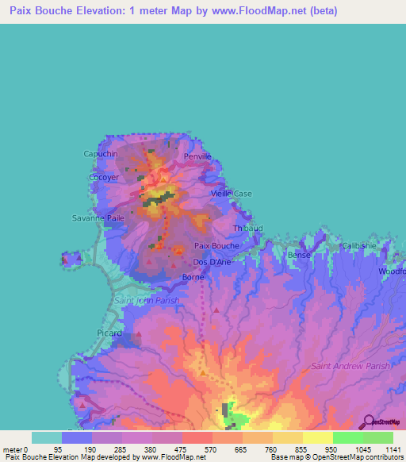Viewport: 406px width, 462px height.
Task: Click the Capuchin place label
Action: click(101, 153)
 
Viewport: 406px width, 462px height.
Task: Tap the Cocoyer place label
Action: click(103, 179)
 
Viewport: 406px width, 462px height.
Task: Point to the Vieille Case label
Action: click(232, 194)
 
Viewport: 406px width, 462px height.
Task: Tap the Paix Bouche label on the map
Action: click(216, 246)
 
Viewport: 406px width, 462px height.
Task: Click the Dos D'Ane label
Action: click(212, 262)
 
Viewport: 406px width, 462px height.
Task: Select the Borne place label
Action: click(193, 277)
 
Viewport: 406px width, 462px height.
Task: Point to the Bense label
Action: click(300, 255)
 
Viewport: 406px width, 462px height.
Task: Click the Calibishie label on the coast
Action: click(358, 245)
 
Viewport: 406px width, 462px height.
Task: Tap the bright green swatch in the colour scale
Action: click(347, 437)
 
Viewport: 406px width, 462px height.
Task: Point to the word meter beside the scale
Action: click(13, 451)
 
